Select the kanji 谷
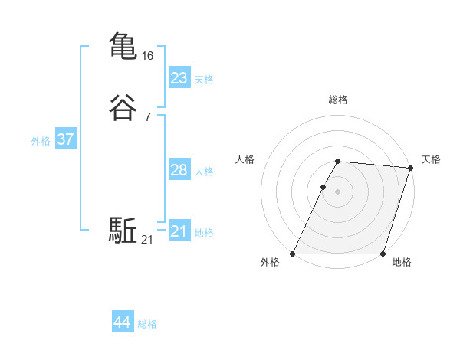[x=123, y=107]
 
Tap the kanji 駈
[x=123, y=231]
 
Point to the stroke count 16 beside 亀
[x=148, y=56]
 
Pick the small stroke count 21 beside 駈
[x=147, y=241]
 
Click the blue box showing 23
[x=179, y=78]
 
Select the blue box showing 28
[x=179, y=170]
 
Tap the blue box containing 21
[x=179, y=231]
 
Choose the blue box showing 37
[x=65, y=139]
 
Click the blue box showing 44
[x=122, y=322]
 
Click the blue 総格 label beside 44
[x=147, y=324]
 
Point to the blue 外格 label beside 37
[x=41, y=141]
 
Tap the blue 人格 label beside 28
[x=204, y=172]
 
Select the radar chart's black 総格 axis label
[x=337, y=100]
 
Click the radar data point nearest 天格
[x=411, y=168]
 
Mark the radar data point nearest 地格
[x=383, y=254]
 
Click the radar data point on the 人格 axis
[x=323, y=187]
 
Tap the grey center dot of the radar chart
[x=337, y=191]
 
